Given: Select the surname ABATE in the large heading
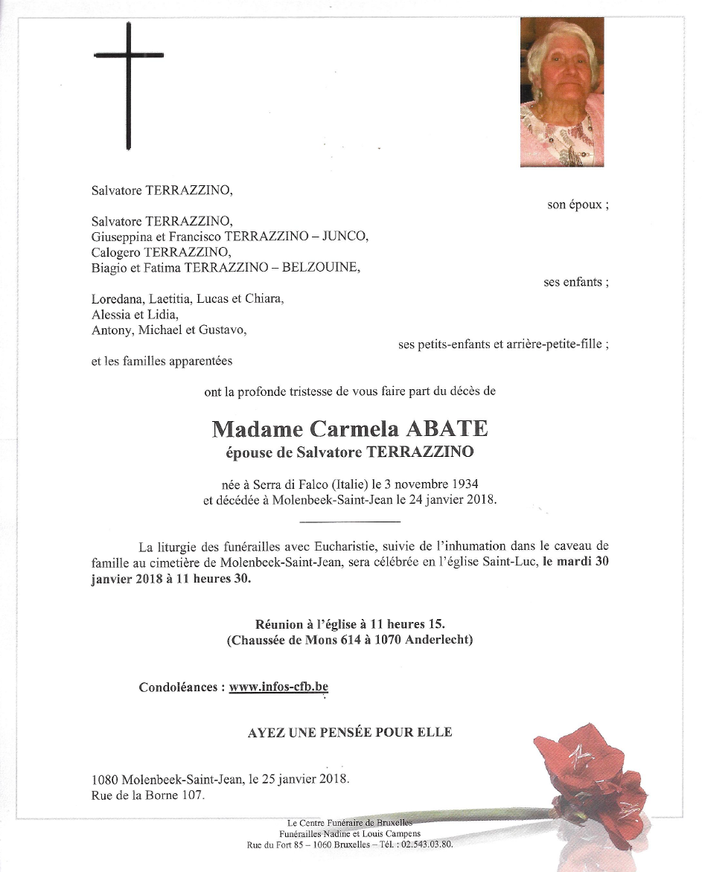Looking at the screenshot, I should tap(446, 429).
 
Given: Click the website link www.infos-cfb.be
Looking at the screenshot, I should tap(278, 687).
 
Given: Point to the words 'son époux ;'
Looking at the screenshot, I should tap(578, 205).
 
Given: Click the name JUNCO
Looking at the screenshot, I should tap(343, 237).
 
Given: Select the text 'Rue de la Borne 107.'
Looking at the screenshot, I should tap(147, 796).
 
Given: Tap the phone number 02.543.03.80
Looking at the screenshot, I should tap(427, 844).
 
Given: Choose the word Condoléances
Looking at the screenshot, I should tap(179, 687).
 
